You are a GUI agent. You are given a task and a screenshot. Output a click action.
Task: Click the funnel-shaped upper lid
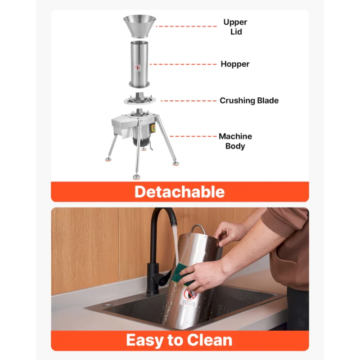139,26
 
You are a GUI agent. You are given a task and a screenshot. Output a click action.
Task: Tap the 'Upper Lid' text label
235,27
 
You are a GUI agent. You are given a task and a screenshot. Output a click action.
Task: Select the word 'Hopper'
235,64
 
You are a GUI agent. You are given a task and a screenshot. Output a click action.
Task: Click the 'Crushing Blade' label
249,100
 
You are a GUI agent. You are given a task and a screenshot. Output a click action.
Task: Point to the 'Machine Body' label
235,141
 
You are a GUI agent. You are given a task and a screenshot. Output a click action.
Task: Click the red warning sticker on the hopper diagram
137,67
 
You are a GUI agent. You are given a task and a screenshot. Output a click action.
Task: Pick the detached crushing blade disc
139,99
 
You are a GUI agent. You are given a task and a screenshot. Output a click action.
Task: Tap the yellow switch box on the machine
153,128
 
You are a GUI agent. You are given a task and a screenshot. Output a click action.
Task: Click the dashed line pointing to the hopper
183,64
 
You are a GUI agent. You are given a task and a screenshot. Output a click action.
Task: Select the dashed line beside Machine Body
193,136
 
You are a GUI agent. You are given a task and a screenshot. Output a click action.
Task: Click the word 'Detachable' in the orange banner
180,192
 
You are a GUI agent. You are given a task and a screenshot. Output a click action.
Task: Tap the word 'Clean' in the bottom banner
209,340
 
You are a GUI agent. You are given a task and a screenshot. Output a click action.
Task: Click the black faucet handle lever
161,277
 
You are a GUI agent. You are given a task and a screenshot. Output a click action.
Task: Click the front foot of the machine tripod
137,177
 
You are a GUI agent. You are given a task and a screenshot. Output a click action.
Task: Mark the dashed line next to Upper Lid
186,27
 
